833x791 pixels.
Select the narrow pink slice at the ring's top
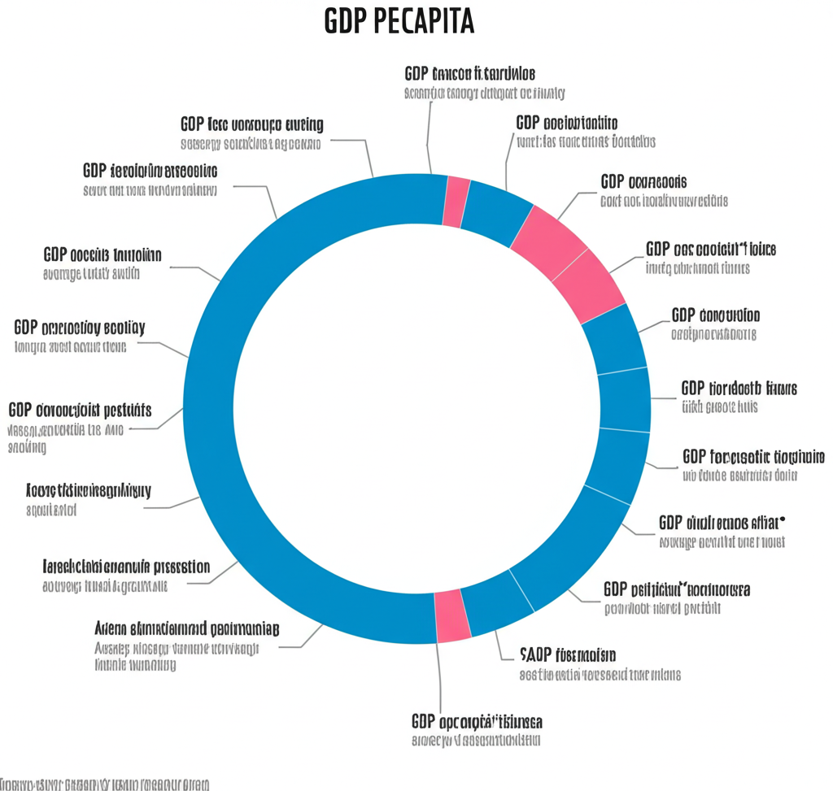[456, 201]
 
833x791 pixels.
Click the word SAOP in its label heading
[535, 654]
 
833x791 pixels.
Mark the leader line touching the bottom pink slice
[440, 675]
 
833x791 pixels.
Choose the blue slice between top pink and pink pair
[497, 212]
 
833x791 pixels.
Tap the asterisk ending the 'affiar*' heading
[783, 517]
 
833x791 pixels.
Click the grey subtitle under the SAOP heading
[600, 675]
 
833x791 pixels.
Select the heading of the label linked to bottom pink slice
[477, 721]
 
